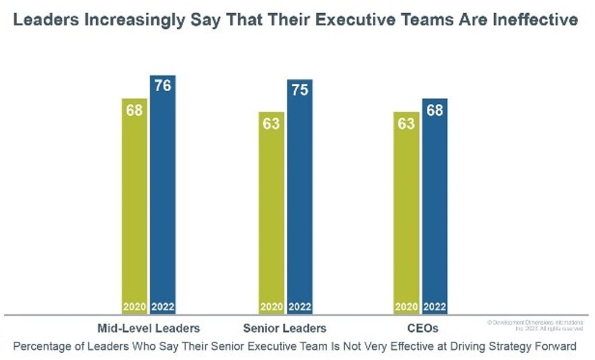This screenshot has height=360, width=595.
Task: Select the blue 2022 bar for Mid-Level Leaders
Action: click(x=163, y=198)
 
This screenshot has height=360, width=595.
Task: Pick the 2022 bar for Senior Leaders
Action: click(x=300, y=198)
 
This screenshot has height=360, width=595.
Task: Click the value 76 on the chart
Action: click(x=163, y=85)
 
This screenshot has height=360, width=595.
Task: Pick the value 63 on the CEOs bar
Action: click(x=406, y=124)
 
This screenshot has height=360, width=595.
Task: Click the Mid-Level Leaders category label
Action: click(x=148, y=328)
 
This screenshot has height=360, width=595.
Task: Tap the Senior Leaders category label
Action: click(x=285, y=328)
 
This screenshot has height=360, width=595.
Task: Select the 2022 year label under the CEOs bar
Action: click(x=435, y=307)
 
